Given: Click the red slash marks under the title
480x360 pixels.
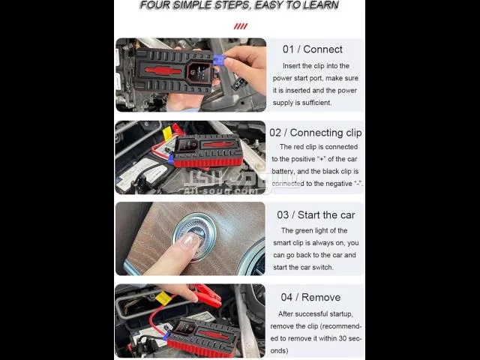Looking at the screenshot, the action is pyautogui.click(x=241, y=26).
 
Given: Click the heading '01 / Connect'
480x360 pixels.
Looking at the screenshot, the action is pyautogui.click(x=313, y=49).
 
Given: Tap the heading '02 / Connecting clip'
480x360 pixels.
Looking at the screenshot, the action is pyautogui.click(x=316, y=133).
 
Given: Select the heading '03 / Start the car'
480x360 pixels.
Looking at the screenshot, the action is pyautogui.click(x=316, y=215).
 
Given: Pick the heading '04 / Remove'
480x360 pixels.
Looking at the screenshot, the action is pyautogui.click(x=310, y=297).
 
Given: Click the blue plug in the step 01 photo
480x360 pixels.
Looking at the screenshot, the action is pyautogui.click(x=220, y=60).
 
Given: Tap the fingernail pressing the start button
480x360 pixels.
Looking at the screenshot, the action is pyautogui.click(x=190, y=241).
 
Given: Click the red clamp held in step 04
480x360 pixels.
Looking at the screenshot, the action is pyautogui.click(x=207, y=295).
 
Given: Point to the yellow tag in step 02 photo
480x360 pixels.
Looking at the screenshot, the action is pyautogui.click(x=167, y=134).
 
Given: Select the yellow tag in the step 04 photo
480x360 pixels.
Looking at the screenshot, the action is pyautogui.click(x=163, y=298).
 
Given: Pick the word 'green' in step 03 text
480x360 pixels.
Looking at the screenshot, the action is pyautogui.click(x=305, y=231).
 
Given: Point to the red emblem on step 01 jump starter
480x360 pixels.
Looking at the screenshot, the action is pyautogui.click(x=163, y=70).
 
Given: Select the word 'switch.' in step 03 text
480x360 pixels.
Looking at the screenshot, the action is pyautogui.click(x=323, y=267).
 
